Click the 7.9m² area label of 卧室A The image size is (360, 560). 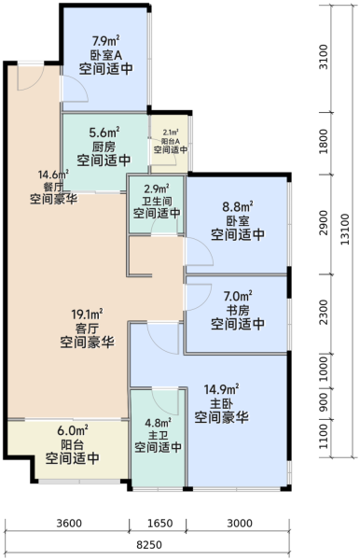pyautogui.click(x=105, y=41)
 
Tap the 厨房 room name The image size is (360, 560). pyautogui.click(x=104, y=147)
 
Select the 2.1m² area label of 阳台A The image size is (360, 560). pyautogui.click(x=171, y=133)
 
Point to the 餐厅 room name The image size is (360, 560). pyautogui.click(x=53, y=187)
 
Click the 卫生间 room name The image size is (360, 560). pyautogui.click(x=157, y=201)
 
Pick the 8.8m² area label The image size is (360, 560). pyautogui.click(x=238, y=206)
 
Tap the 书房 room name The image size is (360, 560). pyautogui.click(x=238, y=310)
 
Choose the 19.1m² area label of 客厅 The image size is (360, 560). pyautogui.click(x=87, y=315)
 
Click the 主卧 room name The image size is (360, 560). pyautogui.click(x=222, y=403)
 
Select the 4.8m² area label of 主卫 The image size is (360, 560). pyautogui.click(x=158, y=423)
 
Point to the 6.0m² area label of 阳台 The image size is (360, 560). pyautogui.click(x=73, y=430)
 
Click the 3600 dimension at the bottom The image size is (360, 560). pyautogui.click(x=69, y=524)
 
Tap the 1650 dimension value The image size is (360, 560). pyautogui.click(x=159, y=524)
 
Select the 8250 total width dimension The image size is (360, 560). pyautogui.click(x=149, y=545)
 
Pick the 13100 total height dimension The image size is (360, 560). pyautogui.click(x=345, y=230)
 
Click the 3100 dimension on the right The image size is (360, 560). pyautogui.click(x=324, y=57)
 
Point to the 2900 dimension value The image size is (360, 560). pyautogui.click(x=324, y=222)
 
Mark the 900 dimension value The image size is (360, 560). pyautogui.click(x=324, y=401)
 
